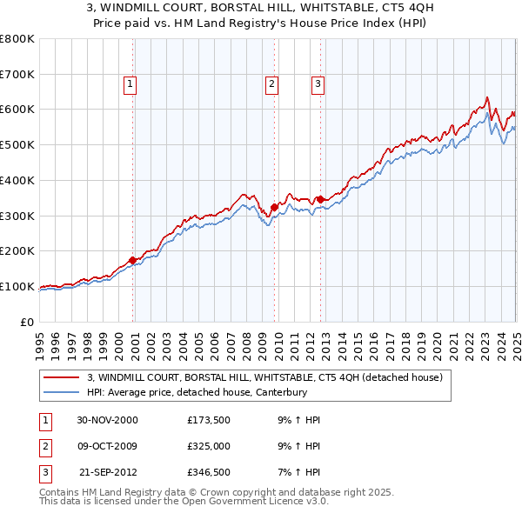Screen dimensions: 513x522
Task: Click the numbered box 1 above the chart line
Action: tap(130, 84)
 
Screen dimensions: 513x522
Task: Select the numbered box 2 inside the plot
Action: tap(271, 84)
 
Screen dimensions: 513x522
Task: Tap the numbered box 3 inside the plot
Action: tap(318, 84)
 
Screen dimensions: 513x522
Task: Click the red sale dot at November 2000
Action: tap(133, 260)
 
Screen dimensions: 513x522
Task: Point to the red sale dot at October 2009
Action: tap(274, 207)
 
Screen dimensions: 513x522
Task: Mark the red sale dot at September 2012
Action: tap(320, 199)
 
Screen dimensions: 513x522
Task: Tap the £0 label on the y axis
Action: tap(26, 323)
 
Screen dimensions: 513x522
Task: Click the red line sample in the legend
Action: tap(62, 377)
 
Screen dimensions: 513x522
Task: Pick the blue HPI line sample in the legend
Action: tap(62, 392)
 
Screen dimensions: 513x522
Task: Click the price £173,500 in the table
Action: tap(208, 420)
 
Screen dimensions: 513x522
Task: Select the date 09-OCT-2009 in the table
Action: tap(108, 446)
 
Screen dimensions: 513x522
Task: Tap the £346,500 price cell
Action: tap(208, 472)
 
